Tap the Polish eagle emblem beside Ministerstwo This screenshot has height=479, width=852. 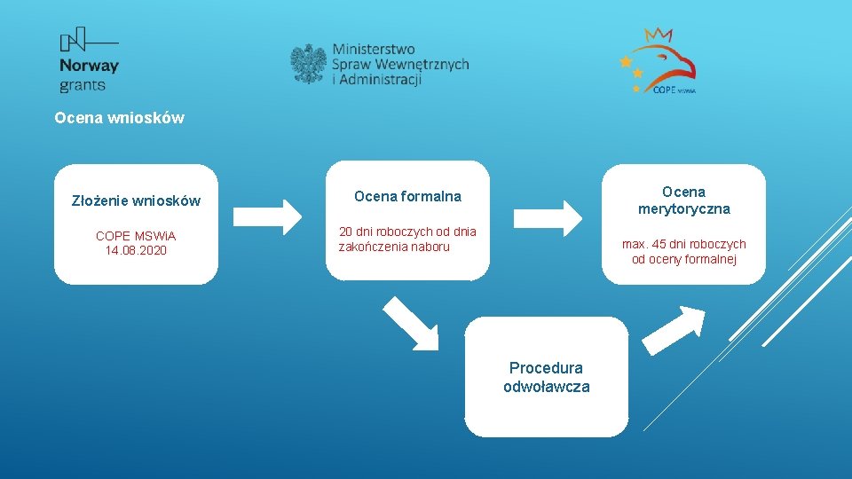(308, 64)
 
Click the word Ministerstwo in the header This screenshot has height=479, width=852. (374, 48)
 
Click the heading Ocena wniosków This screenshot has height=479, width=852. (119, 117)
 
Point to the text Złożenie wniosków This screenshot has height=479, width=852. (136, 200)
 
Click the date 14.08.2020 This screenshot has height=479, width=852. (136, 250)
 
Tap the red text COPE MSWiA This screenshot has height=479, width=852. (136, 236)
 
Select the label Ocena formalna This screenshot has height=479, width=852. (407, 195)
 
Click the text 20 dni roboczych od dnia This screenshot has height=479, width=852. (407, 232)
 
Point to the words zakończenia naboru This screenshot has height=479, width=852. (394, 247)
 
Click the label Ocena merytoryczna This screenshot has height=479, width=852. (683, 200)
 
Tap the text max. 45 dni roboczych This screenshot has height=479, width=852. (683, 244)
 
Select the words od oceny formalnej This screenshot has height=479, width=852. (683, 259)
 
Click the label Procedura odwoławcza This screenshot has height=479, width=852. (546, 377)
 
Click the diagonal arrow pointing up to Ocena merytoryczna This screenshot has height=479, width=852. (673, 329)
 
